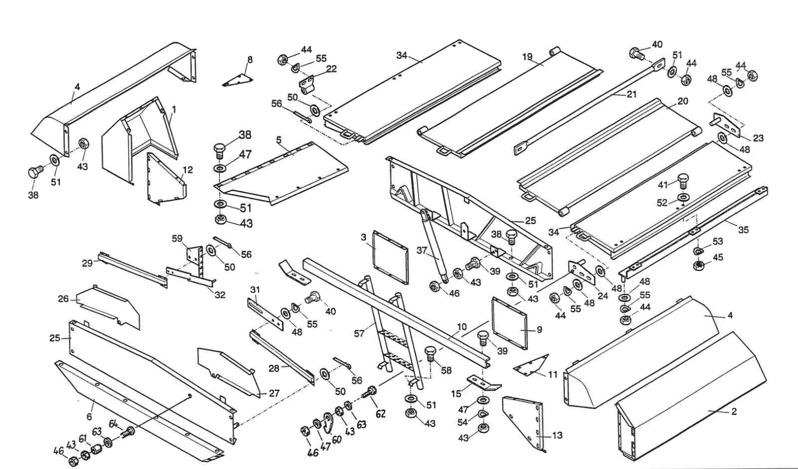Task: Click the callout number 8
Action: pyautogui.click(x=250, y=59)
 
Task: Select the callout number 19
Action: pyautogui.click(x=527, y=57)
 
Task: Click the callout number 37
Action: pyautogui.click(x=422, y=251)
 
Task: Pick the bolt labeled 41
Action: pyautogui.click(x=683, y=180)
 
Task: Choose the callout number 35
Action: pyautogui.click(x=744, y=230)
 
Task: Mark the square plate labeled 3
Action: pyautogui.click(x=390, y=257)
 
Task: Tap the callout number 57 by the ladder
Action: pyautogui.click(x=359, y=334)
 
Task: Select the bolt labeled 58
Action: pyautogui.click(x=430, y=354)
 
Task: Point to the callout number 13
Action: pyautogui.click(x=557, y=435)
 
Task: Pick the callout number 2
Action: pyautogui.click(x=734, y=412)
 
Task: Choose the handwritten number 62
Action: pyautogui.click(x=380, y=414)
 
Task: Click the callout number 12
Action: pyautogui.click(x=187, y=170)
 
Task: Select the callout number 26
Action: pyautogui.click(x=63, y=299)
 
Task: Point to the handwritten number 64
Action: pyautogui.click(x=113, y=424)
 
